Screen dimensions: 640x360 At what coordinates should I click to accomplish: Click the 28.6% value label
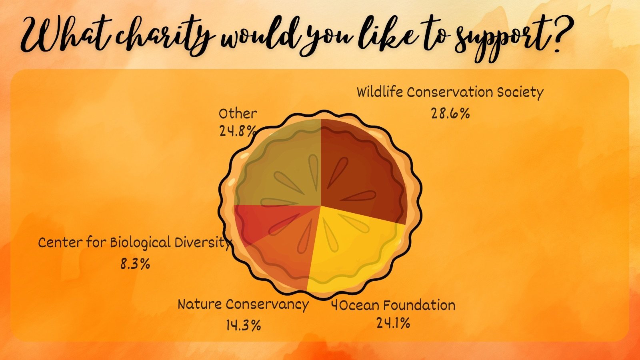click(x=450, y=114)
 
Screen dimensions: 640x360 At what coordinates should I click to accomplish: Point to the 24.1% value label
click(x=393, y=323)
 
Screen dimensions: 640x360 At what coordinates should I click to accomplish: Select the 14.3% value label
click(x=244, y=325)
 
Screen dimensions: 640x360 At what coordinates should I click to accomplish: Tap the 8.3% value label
click(x=135, y=264)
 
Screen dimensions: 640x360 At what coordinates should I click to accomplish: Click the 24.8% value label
click(x=237, y=131)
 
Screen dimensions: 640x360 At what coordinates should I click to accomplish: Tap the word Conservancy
click(x=267, y=304)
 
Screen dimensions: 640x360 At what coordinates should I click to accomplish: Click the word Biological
click(x=140, y=243)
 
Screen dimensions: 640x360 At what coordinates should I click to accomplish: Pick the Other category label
click(x=238, y=114)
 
